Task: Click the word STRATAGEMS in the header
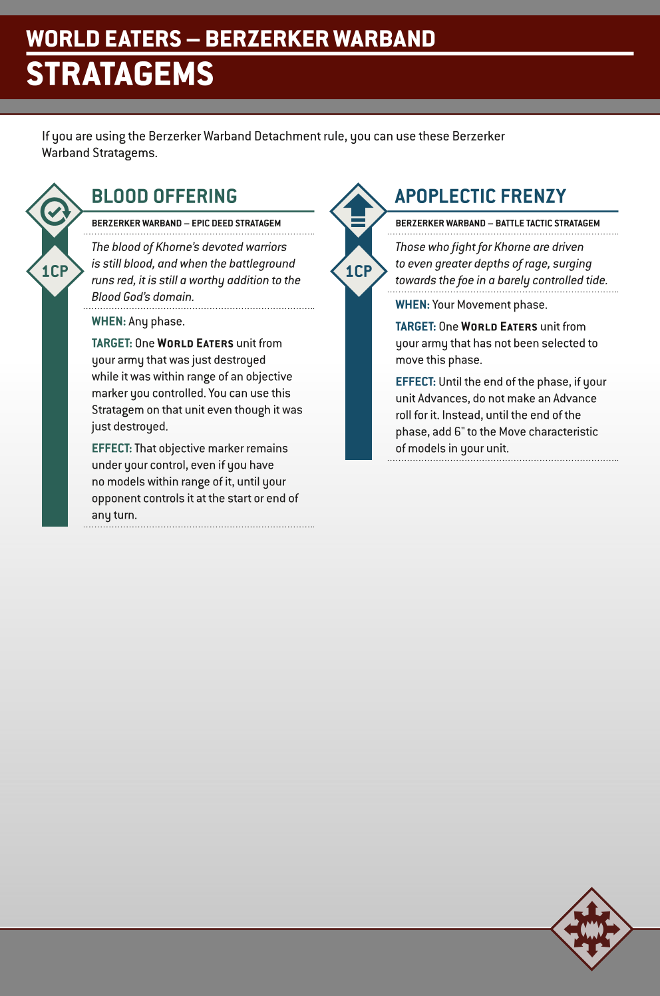[x=120, y=74]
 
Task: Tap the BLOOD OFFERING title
[x=164, y=196]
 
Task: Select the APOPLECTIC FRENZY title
[x=480, y=196]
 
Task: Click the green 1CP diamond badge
[x=55, y=271]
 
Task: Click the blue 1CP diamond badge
[x=359, y=271]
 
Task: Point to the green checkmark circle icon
[x=55, y=212]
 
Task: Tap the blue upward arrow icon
[x=359, y=211]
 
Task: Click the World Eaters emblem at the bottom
[x=591, y=928]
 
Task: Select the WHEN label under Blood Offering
[x=108, y=322]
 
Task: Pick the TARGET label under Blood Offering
[x=112, y=344]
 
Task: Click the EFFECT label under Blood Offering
[x=112, y=449]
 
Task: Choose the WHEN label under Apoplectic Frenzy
[x=412, y=305]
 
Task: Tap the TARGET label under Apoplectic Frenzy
[x=416, y=327]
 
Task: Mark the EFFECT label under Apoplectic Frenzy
[x=416, y=382]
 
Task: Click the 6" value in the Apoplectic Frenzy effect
[x=459, y=432]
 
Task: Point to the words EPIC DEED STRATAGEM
[x=236, y=224]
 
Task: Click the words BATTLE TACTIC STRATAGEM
[x=548, y=224]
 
